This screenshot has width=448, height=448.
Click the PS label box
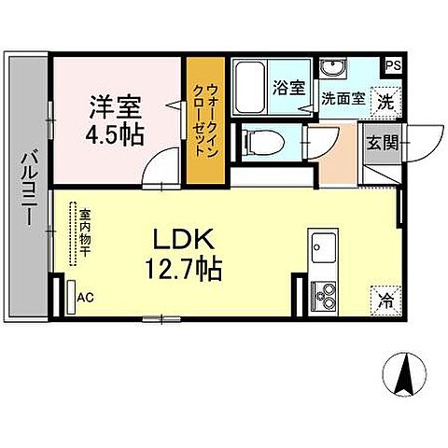pos(394,66)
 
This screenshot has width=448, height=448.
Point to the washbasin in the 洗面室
pos(332,71)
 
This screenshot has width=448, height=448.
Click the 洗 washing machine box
pos(384,100)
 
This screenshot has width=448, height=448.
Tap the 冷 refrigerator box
pos(384,299)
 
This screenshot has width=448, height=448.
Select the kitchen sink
pos(324,249)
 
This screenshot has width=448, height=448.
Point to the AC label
pos(85,298)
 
